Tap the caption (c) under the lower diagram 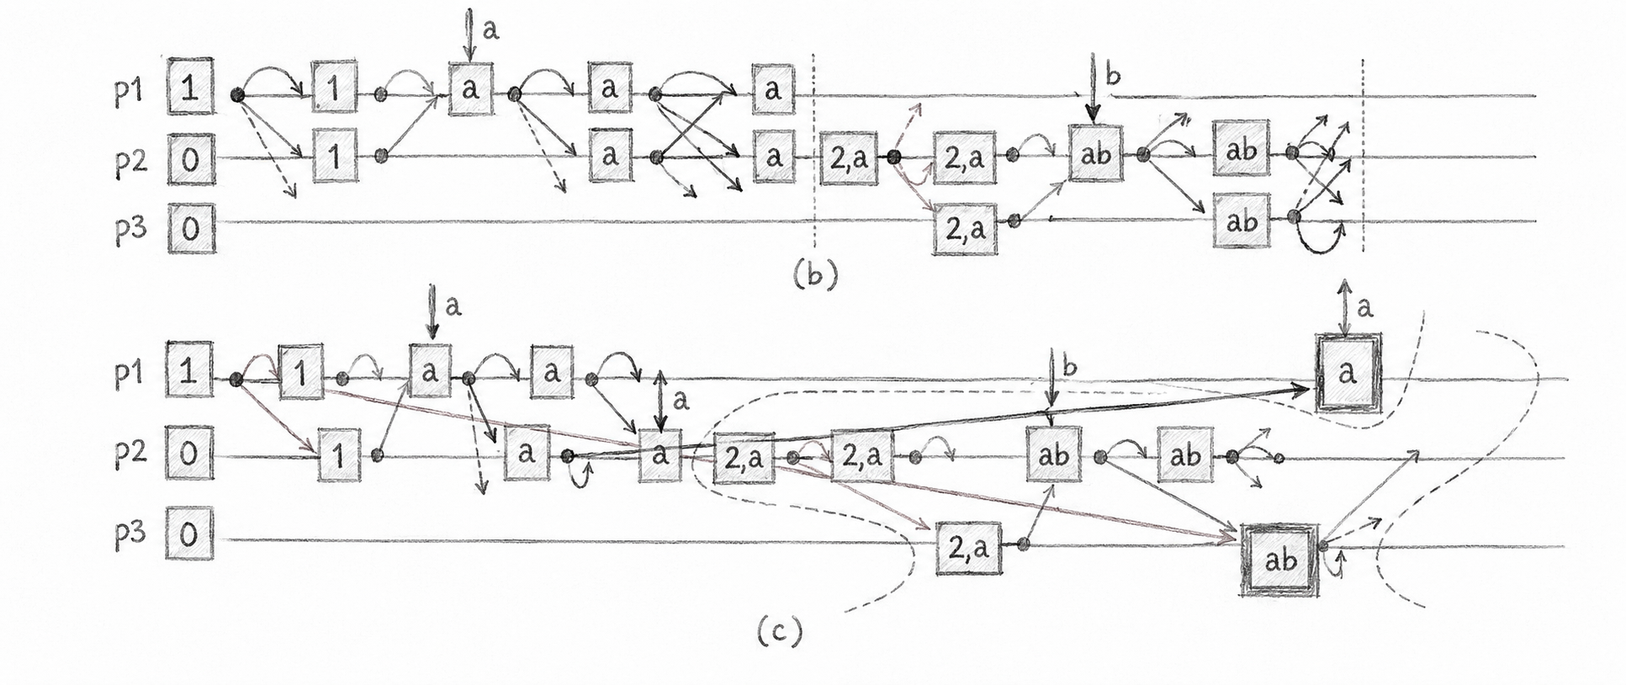point(779,630)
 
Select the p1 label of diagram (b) point(130,91)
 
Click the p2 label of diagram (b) point(130,159)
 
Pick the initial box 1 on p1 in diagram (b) point(191,87)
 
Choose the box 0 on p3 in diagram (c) point(189,534)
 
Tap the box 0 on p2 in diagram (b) point(191,159)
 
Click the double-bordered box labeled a point(1348,373)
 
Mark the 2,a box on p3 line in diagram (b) point(965,226)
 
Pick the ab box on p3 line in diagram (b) point(1241,221)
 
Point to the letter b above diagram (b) point(1113,76)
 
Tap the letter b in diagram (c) point(1070,367)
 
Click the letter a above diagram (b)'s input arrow point(491,30)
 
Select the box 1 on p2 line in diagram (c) point(339,455)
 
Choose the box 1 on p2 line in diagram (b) point(334,157)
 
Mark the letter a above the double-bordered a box point(1365,308)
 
